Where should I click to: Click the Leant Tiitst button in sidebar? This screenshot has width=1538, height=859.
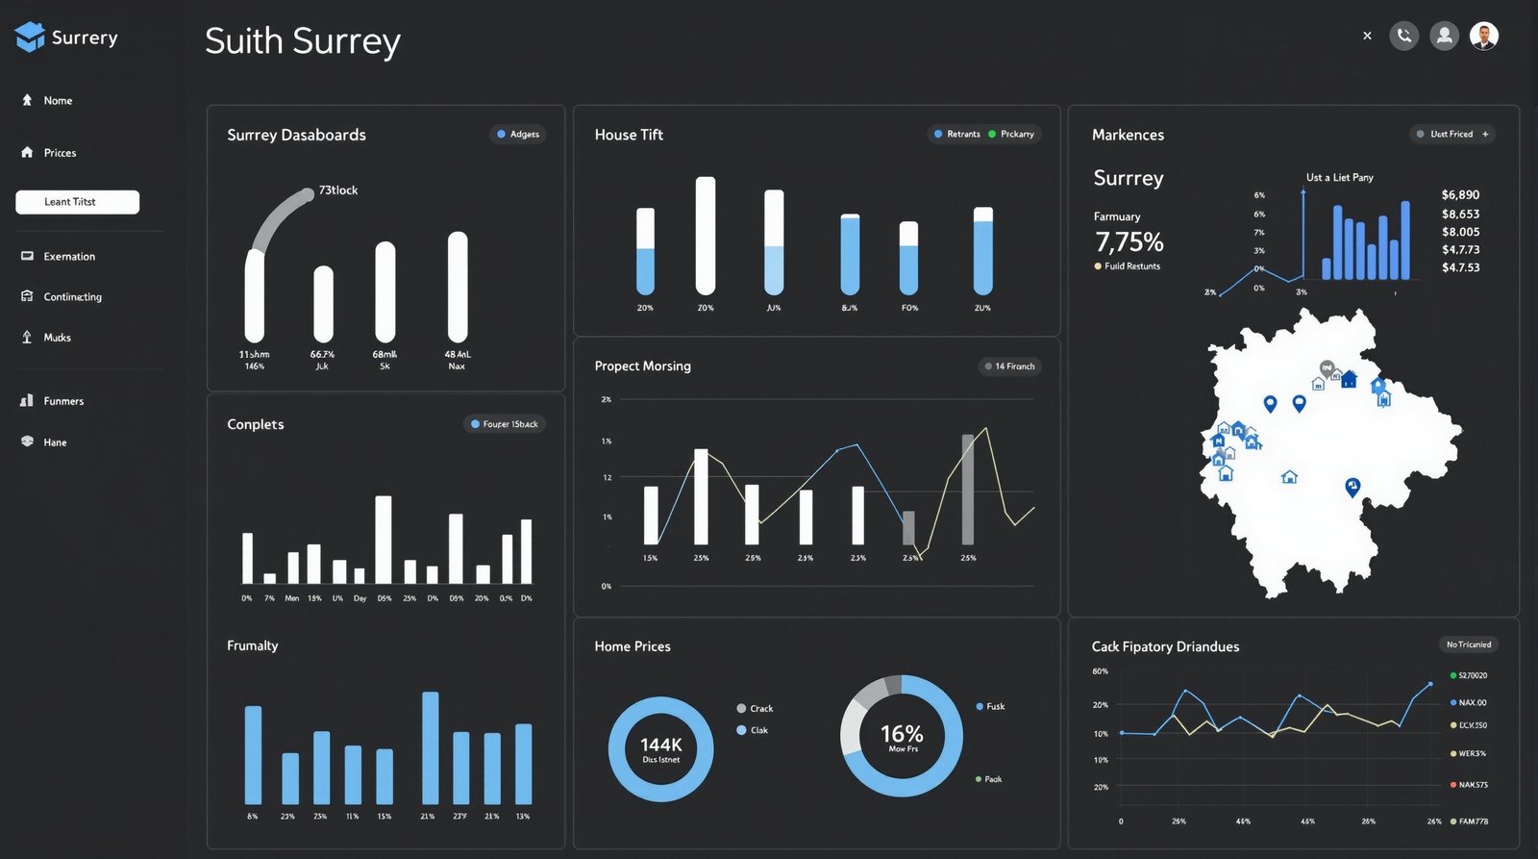click(77, 202)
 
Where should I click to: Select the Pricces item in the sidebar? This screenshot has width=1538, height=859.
click(59, 153)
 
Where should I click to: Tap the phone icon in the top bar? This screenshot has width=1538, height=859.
click(1403, 36)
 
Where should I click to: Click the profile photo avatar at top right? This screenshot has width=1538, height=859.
click(1483, 36)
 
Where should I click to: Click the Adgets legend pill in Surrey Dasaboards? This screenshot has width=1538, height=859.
click(518, 135)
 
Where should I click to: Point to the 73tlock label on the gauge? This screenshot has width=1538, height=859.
click(337, 190)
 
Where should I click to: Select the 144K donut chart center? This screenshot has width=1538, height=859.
click(660, 748)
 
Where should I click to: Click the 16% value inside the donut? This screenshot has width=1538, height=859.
click(902, 735)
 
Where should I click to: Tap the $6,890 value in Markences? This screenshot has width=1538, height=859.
click(1459, 195)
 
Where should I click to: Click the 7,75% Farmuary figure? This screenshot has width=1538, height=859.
click(1129, 241)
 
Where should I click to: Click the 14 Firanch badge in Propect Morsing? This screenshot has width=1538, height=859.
click(1009, 366)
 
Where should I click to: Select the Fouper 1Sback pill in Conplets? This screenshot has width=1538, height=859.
click(505, 424)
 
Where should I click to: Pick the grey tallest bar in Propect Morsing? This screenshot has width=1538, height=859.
click(967, 490)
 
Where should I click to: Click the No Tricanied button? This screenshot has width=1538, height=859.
click(1468, 644)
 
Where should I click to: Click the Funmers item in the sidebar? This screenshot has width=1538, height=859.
click(62, 401)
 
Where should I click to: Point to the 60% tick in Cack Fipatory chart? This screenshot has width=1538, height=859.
click(1100, 671)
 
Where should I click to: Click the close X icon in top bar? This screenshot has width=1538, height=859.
click(1367, 36)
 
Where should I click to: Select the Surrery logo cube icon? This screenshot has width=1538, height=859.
click(30, 37)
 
